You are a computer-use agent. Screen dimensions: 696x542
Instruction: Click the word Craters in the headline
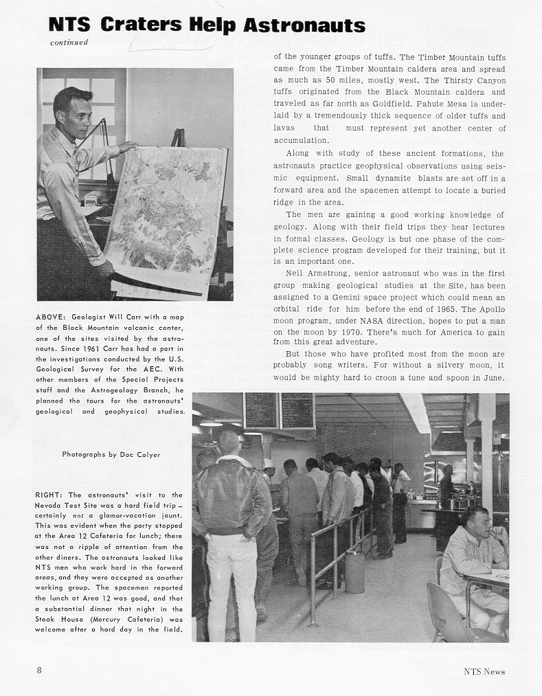pos(142,25)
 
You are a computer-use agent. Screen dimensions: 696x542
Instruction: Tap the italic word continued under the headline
pos(69,43)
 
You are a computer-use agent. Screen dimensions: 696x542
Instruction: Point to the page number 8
pos(39,671)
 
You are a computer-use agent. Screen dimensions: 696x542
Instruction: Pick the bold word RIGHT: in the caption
pos(49,495)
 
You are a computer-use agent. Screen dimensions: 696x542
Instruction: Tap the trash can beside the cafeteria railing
pos(354,572)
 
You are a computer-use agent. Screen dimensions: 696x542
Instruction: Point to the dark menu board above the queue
pos(279,411)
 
